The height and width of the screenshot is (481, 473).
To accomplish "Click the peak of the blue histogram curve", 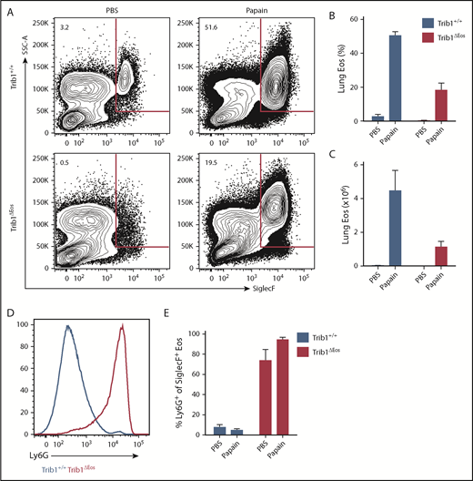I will click(x=66, y=324).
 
